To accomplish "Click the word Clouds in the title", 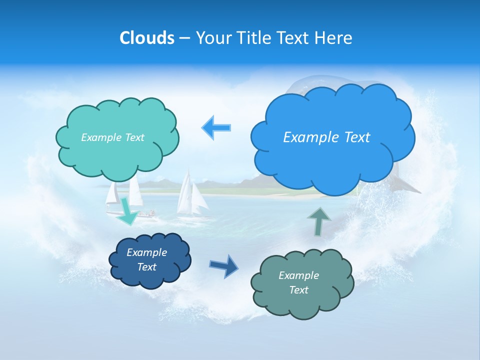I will (x=146, y=38).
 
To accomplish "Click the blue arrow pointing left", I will (x=217, y=128).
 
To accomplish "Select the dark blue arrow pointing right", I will (x=224, y=265).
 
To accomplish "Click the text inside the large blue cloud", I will (x=326, y=137).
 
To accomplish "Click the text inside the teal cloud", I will (x=112, y=137).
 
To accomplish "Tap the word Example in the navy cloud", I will (x=146, y=252).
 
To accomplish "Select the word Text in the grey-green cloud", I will (x=298, y=290).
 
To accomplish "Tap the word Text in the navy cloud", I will (x=146, y=267).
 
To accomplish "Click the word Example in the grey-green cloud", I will (x=298, y=275).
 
